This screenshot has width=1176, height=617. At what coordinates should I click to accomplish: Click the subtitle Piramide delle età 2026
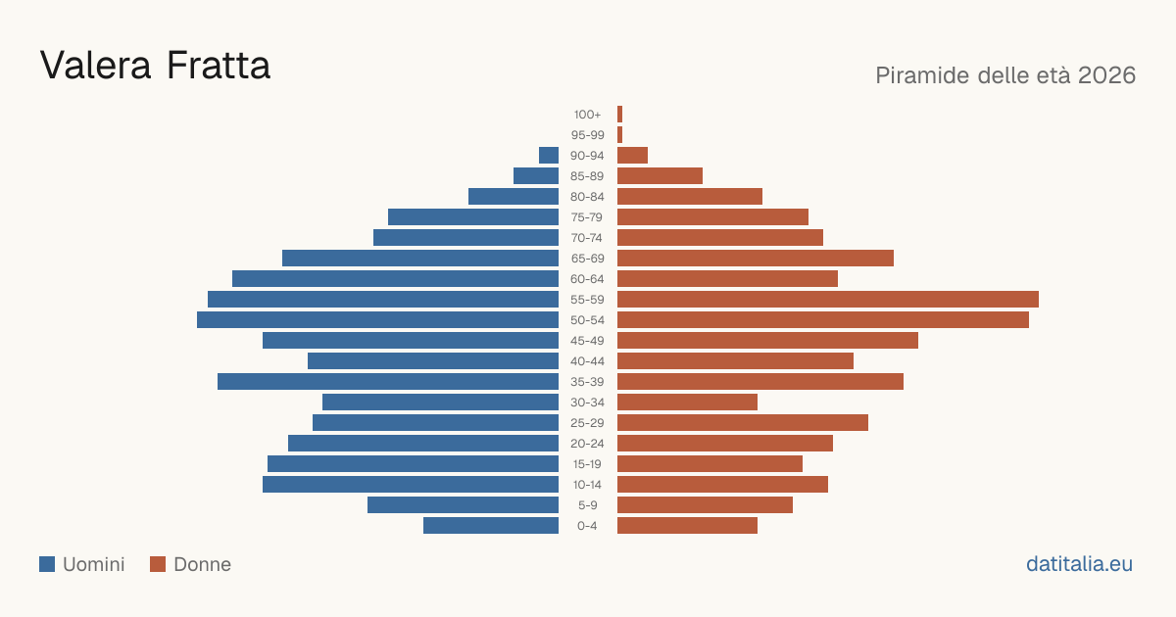1005,75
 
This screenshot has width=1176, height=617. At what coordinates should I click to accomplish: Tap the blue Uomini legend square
47,564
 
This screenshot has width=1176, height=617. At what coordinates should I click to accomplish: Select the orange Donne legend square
158,564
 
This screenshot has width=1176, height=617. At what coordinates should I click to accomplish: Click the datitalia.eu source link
1079,564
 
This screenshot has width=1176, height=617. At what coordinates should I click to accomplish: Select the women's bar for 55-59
828,299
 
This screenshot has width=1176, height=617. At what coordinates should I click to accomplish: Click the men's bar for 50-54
377,320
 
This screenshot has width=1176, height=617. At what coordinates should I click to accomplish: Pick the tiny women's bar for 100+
620,115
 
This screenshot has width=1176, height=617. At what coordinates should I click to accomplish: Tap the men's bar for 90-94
549,156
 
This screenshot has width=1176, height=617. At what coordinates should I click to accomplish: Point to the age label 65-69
587,259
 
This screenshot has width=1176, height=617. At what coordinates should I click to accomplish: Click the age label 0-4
587,526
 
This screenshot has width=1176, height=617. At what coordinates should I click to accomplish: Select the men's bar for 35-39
388,381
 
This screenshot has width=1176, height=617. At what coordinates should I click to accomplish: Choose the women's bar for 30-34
687,403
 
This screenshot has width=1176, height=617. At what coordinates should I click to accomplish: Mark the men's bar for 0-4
491,526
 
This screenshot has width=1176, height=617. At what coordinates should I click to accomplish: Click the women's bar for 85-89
660,175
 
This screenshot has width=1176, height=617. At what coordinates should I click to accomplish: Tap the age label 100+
587,115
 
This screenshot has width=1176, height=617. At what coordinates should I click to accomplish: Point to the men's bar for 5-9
463,505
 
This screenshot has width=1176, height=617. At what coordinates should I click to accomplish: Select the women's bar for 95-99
620,135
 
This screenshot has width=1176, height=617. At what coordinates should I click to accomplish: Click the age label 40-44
587,361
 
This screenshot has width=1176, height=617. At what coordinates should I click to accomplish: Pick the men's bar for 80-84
514,197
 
